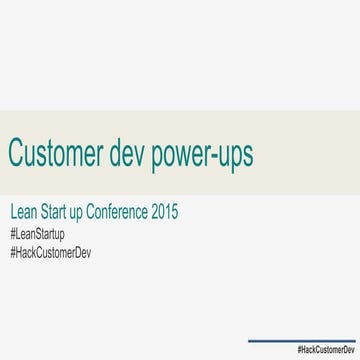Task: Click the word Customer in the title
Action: (x=61, y=154)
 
